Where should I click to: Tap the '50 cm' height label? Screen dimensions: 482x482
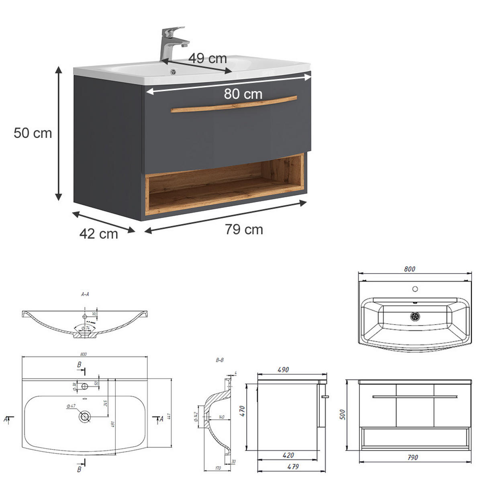pyautogui.click(x=33, y=133)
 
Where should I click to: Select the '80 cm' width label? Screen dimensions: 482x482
pyautogui.click(x=243, y=94)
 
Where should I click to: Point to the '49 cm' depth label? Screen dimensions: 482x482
pyautogui.click(x=208, y=59)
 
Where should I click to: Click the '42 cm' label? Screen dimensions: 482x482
pyautogui.click(x=98, y=234)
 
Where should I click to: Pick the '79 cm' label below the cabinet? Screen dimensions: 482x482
pyautogui.click(x=244, y=229)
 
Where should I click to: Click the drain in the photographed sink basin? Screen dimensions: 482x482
pyautogui.click(x=174, y=72)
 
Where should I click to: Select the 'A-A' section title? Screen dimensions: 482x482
pyautogui.click(x=85, y=294)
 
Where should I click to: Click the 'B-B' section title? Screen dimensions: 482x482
pyautogui.click(x=220, y=360)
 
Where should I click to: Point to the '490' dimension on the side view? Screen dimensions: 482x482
pyautogui.click(x=283, y=370)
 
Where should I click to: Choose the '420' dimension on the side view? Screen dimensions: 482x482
pyautogui.click(x=288, y=455)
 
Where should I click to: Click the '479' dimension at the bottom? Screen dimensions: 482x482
pyautogui.click(x=293, y=467)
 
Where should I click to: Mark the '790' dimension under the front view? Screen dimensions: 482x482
pyautogui.click(x=413, y=457)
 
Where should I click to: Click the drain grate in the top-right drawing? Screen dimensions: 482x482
pyautogui.click(x=415, y=316)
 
